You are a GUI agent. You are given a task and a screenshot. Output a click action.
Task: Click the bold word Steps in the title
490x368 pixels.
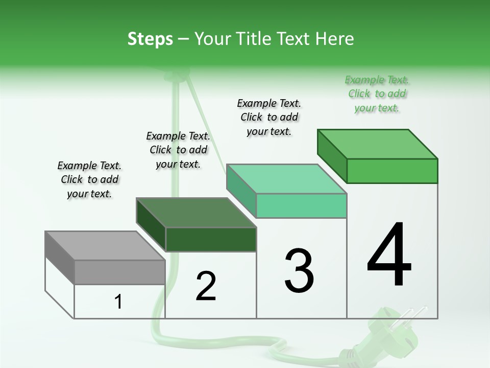tap(150, 39)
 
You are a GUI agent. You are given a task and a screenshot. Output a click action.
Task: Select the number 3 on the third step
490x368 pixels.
tap(299, 271)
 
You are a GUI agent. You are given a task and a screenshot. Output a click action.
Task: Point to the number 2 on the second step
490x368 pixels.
tap(206, 286)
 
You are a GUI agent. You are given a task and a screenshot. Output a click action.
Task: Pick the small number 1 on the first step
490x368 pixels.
tap(118, 302)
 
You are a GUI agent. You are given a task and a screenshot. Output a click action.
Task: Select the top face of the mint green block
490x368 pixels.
tap(286, 179)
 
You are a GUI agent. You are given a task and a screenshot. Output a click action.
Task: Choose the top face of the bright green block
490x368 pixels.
tap(377, 144)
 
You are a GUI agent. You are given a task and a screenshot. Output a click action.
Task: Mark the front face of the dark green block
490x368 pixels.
tap(211, 239)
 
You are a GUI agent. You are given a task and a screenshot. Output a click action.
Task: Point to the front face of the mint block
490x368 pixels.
tap(302, 205)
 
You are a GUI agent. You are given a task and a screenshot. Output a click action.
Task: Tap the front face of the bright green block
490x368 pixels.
tap(392, 171)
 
